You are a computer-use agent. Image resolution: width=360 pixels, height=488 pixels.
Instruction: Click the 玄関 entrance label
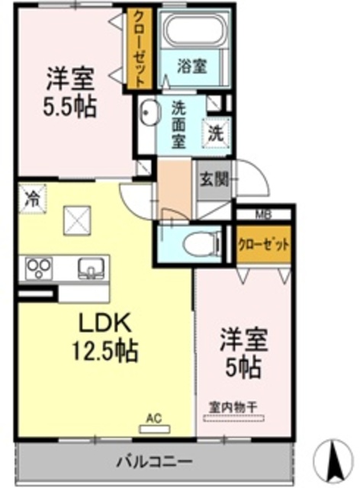click(214, 181)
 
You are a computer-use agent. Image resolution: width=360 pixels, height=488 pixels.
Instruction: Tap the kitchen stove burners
click(37, 267)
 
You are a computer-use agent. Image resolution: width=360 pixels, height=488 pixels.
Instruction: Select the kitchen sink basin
click(91, 268)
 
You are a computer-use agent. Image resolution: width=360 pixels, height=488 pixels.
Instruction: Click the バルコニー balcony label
click(154, 461)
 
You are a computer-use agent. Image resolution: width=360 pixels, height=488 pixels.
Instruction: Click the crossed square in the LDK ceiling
click(77, 221)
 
